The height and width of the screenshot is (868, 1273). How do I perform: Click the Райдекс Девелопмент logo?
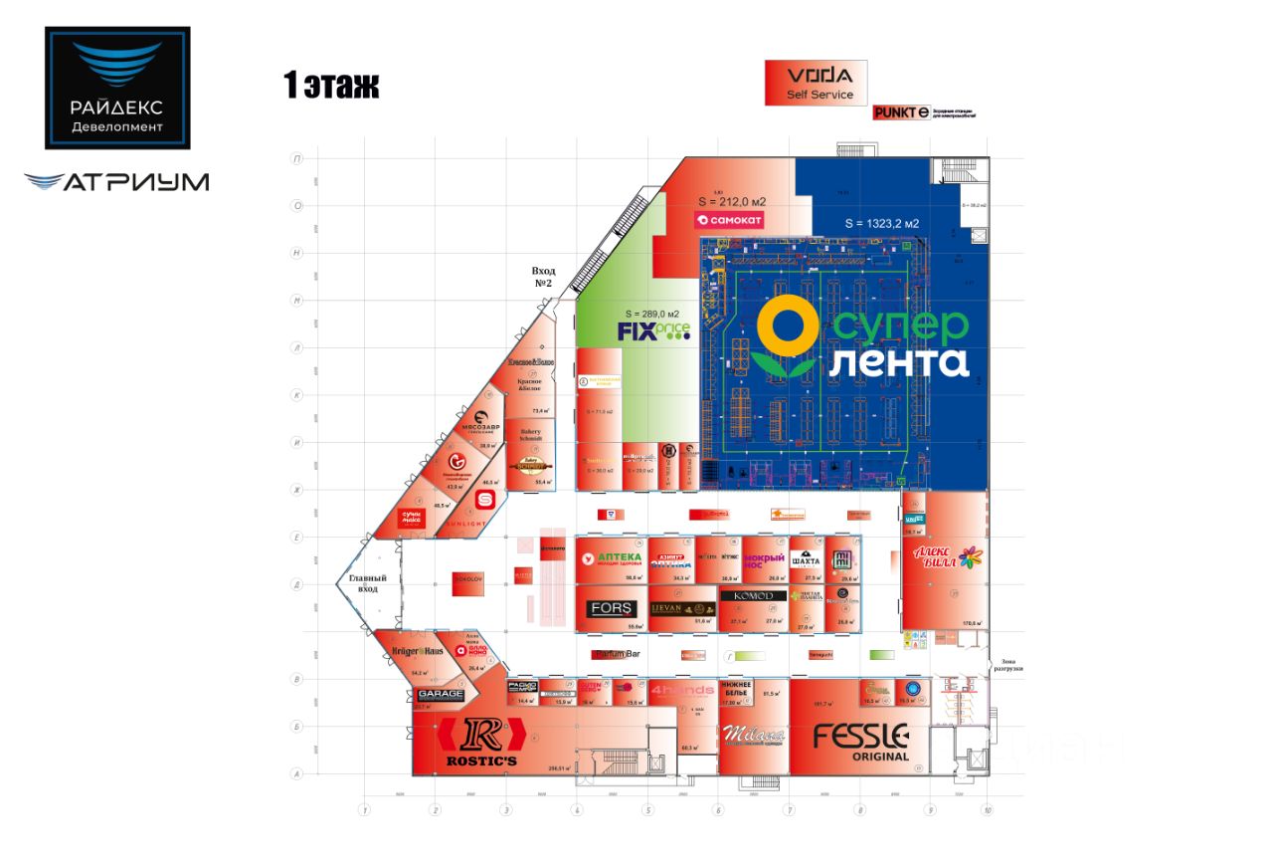click(x=117, y=88)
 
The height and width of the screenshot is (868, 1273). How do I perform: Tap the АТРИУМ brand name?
click(x=117, y=182)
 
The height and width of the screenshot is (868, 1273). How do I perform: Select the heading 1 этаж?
click(x=331, y=87)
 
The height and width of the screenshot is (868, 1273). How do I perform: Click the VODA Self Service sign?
click(x=816, y=83)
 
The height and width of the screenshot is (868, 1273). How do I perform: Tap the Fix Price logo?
click(x=652, y=331)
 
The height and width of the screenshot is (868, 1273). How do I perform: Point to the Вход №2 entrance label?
click(x=543, y=277)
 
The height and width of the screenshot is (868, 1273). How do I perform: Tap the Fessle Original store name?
click(x=860, y=741)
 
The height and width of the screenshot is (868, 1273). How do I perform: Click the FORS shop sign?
click(x=609, y=609)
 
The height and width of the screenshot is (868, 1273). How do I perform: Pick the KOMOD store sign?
click(x=753, y=596)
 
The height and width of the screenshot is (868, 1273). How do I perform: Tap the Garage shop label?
click(x=441, y=694)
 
